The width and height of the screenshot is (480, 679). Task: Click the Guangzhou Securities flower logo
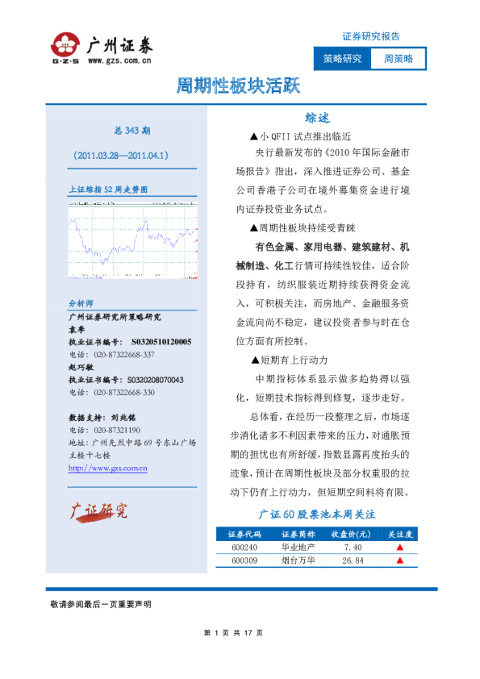[65, 45]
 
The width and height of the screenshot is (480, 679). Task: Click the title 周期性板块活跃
[240, 87]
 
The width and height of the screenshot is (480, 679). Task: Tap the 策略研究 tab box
[342, 59]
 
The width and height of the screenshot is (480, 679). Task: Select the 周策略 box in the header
[398, 59]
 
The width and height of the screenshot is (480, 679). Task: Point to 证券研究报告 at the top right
[371, 36]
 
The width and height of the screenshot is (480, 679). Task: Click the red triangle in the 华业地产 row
[399, 548]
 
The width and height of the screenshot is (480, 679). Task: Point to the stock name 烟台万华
[297, 560]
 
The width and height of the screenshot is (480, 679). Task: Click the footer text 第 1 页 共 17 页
[240, 632]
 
